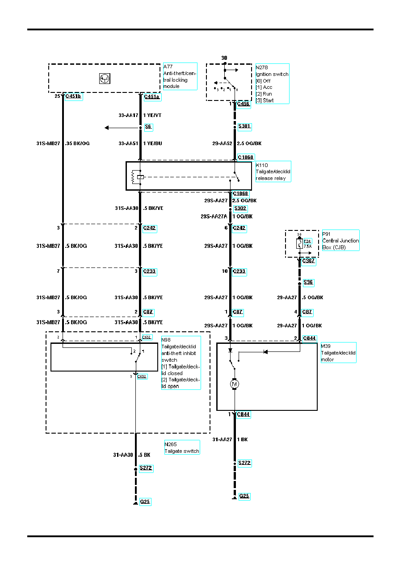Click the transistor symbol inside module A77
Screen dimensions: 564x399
click(x=105, y=79)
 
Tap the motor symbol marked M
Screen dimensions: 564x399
click(x=234, y=383)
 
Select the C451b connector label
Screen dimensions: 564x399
click(x=74, y=96)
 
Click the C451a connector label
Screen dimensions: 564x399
click(x=152, y=96)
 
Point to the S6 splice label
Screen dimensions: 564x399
click(x=148, y=127)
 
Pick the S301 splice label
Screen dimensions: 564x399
click(x=244, y=126)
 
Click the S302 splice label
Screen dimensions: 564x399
click(x=240, y=208)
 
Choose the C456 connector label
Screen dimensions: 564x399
click(x=243, y=104)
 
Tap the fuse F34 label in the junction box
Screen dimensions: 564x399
click(x=307, y=241)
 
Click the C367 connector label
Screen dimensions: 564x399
click(x=309, y=261)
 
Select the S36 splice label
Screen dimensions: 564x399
click(x=308, y=282)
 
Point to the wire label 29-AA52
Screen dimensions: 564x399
click(x=222, y=144)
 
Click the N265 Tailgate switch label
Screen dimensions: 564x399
click(x=181, y=447)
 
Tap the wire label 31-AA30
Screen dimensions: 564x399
click(x=123, y=455)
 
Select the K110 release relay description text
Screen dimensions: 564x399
click(x=273, y=171)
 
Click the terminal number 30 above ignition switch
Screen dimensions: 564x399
click(x=224, y=58)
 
